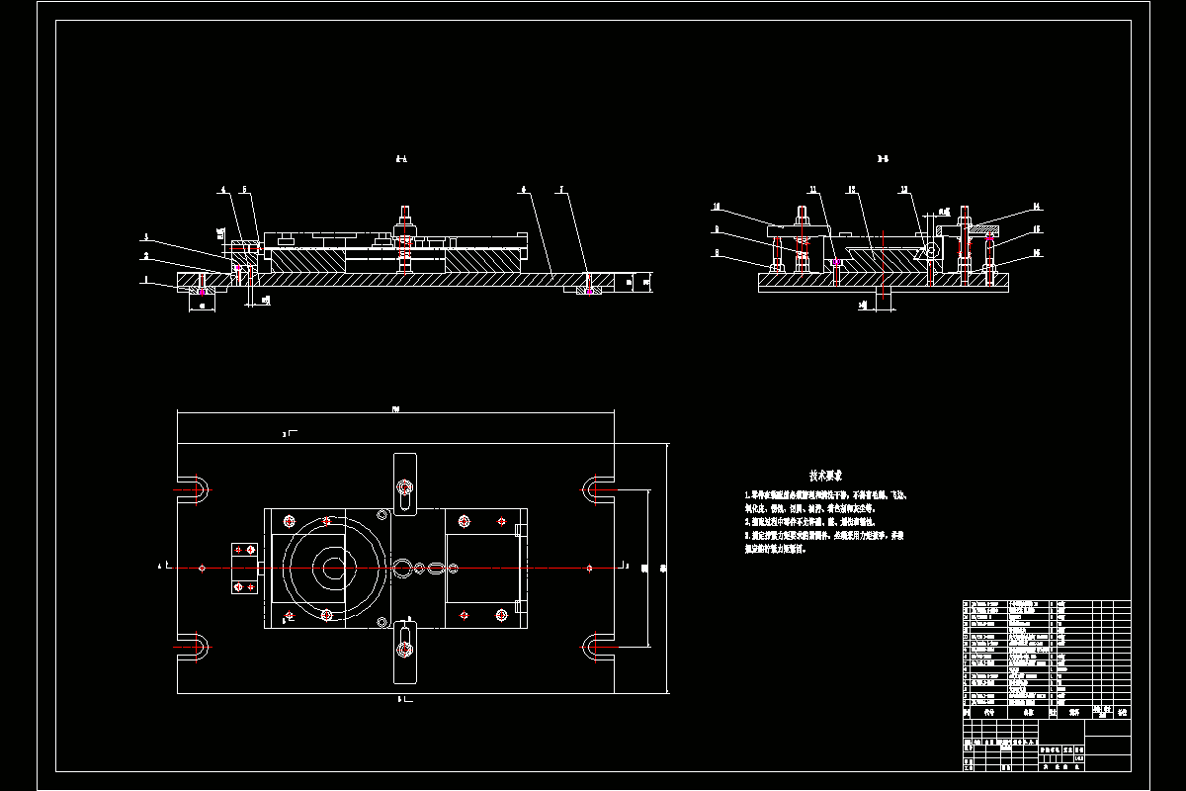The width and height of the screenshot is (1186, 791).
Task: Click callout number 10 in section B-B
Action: click(x=717, y=208)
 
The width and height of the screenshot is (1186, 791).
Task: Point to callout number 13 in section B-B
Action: click(x=903, y=189)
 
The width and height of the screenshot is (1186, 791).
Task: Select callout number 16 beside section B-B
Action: click(x=1037, y=253)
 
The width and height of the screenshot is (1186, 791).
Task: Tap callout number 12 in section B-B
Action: click(x=850, y=189)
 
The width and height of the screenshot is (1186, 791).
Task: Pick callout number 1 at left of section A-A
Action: click(x=146, y=281)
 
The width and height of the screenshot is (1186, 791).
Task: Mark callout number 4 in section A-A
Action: click(x=223, y=189)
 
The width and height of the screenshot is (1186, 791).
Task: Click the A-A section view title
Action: click(x=401, y=158)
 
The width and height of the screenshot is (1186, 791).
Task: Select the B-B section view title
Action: click(x=883, y=158)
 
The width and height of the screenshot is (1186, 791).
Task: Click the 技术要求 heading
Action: click(x=826, y=475)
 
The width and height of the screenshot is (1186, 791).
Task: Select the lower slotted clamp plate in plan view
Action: click(x=405, y=651)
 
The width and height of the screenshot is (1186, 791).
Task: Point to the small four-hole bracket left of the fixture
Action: click(x=243, y=569)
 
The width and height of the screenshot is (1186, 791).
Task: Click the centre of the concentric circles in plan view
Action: click(x=331, y=568)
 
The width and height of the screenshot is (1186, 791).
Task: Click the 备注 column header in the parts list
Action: click(x=1120, y=711)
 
